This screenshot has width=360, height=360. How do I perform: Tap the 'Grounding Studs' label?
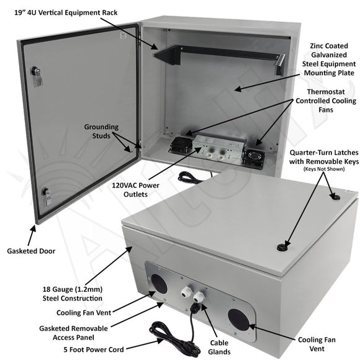[101, 132]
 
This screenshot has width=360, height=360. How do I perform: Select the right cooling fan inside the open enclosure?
[255, 155]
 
